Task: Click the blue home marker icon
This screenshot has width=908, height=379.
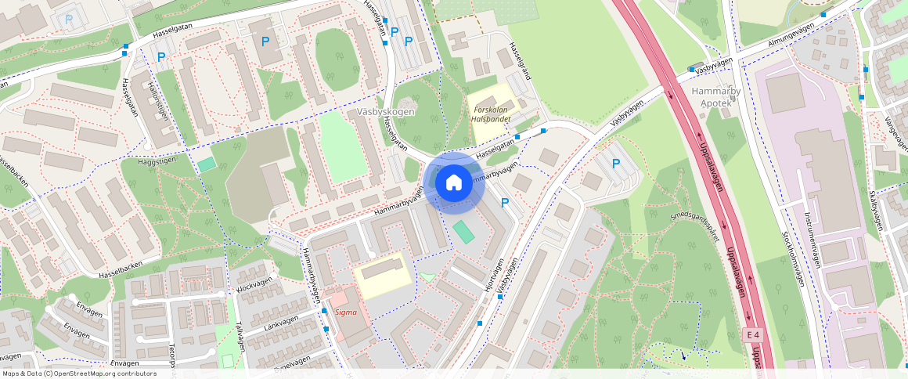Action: [x=453, y=183]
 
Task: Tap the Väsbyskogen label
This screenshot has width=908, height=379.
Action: [x=384, y=112]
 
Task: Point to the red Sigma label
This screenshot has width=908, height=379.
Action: [x=345, y=312]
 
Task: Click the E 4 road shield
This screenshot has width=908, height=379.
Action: [x=752, y=335]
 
